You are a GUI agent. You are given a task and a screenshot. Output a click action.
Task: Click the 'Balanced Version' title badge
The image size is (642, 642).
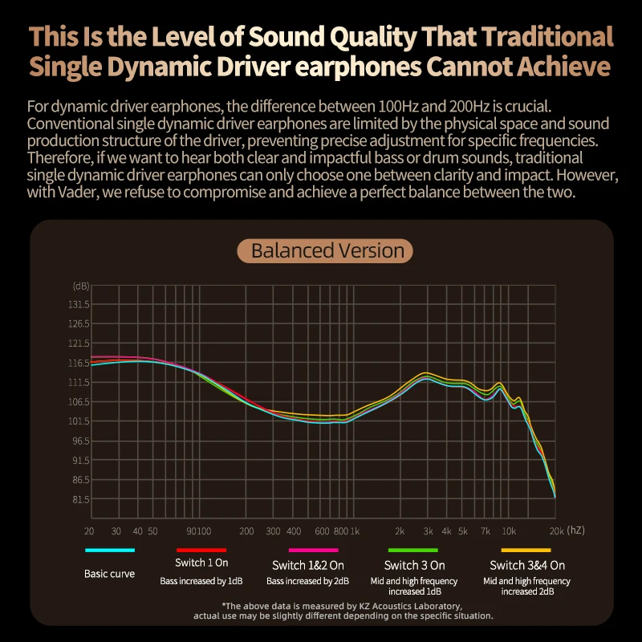(x=325, y=250)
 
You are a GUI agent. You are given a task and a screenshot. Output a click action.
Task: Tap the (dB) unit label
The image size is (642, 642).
(x=81, y=286)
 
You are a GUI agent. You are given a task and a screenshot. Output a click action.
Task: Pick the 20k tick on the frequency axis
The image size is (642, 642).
(x=556, y=531)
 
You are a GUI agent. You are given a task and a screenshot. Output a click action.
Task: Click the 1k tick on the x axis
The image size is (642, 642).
(x=354, y=531)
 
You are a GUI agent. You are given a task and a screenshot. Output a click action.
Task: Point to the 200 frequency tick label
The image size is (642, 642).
(x=246, y=531)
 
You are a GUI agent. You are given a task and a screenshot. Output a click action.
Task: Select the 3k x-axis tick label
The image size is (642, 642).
(x=429, y=531)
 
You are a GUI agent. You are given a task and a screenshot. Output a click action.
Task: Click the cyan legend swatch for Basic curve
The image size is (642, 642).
(x=110, y=551)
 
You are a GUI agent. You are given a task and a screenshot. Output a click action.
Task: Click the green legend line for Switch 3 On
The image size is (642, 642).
(x=414, y=551)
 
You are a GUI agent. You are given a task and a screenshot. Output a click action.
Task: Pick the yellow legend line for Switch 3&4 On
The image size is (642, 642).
(x=526, y=551)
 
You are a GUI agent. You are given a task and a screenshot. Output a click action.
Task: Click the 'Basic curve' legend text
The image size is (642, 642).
(x=110, y=574)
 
